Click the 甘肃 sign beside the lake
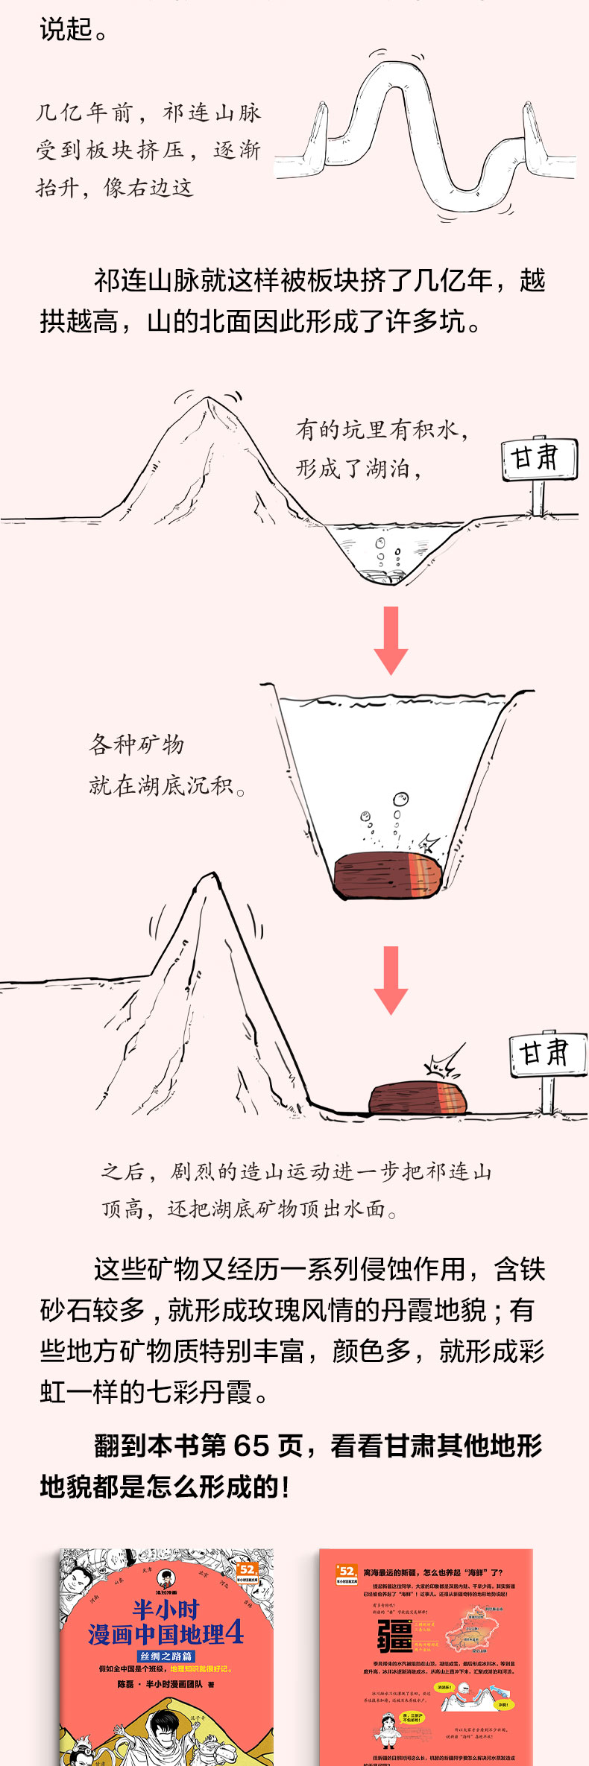coord(539,458)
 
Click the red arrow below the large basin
coord(391,979)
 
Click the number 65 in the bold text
coord(251,1446)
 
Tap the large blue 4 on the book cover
coord(233,1633)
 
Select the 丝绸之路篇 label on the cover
coord(166,1656)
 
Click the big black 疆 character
coord(394,1636)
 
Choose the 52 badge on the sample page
coord(347,1572)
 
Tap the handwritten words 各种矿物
coord(136,744)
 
